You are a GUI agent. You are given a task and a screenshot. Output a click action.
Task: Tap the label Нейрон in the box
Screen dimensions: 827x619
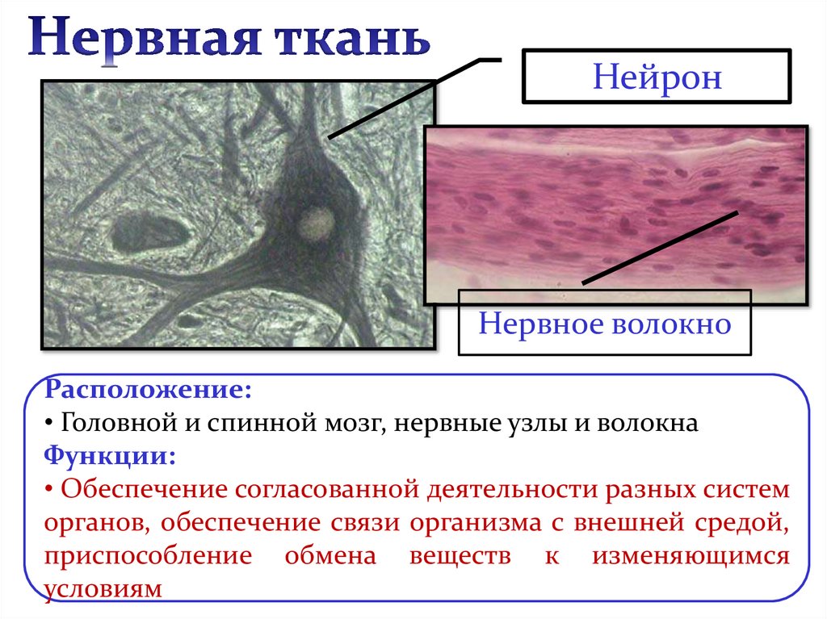(656, 78)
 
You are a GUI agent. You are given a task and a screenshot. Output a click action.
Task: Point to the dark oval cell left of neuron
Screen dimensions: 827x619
(150, 232)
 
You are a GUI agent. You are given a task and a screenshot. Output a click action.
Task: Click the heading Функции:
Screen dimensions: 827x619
(110, 455)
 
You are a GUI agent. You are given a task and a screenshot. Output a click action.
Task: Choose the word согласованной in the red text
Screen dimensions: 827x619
(324, 489)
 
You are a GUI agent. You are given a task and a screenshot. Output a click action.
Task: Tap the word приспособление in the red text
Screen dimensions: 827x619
(142, 556)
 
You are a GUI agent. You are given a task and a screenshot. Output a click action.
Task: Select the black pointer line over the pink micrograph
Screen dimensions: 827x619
(660, 248)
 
